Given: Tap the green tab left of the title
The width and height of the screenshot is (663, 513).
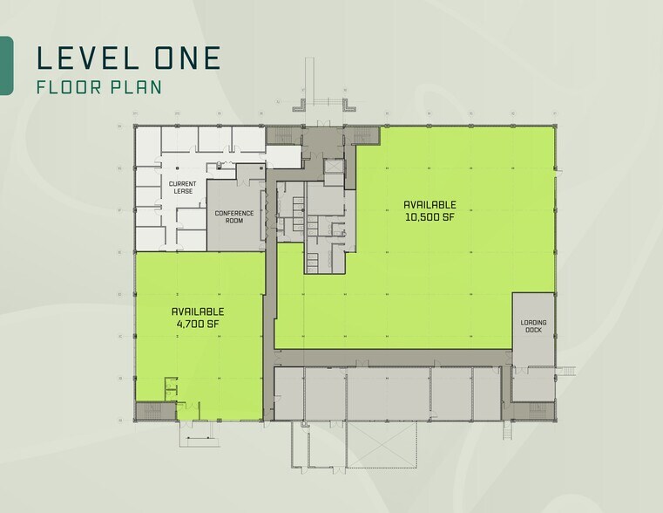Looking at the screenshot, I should click(x=5, y=65).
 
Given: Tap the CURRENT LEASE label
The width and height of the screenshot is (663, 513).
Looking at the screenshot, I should click(x=182, y=188).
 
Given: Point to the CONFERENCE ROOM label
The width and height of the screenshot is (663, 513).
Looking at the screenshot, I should click(x=234, y=216).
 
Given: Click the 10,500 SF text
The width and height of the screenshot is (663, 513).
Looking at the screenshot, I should click(x=430, y=217).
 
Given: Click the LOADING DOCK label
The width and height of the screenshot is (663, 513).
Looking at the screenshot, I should click(x=533, y=326).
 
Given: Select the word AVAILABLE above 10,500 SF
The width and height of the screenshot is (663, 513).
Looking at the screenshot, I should click(x=430, y=205).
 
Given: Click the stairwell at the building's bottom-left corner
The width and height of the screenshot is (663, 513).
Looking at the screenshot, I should click(x=149, y=411).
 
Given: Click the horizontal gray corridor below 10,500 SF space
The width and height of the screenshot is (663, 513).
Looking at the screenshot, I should click(x=392, y=358).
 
